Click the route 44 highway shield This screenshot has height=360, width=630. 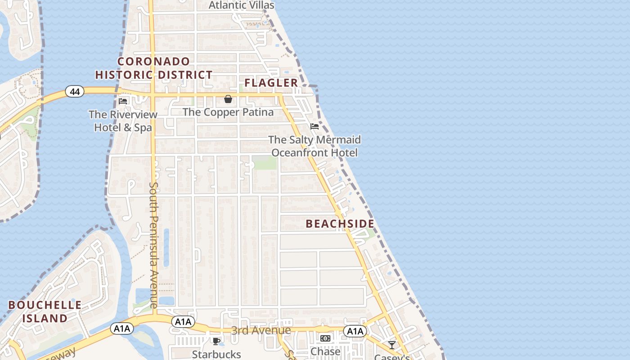coord(75,92)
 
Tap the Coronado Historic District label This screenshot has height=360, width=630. coord(154,68)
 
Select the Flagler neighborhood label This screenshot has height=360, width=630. coord(271,83)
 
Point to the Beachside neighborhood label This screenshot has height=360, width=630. coord(340,224)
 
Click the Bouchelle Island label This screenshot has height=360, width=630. coord(45,311)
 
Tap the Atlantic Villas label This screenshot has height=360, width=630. coord(242,5)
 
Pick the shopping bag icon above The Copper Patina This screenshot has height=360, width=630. coord(228,99)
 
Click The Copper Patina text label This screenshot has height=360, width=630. coord(228,112)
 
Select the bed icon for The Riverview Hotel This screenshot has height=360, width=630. coord(123,101)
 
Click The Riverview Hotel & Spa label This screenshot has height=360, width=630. coord(123,121)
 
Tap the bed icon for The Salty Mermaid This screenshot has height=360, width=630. coord(315,126)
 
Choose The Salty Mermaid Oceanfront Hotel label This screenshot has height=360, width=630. coord(315,146)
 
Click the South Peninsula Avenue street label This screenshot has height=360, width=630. coord(154,245)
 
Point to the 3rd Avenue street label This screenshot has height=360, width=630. coord(261,331)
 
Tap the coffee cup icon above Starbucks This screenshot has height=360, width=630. coord(216,341)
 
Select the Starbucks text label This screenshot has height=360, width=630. coord(216,355)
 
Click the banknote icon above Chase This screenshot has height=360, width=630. coord(325,338)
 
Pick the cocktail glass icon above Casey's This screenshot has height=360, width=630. coord(392,345)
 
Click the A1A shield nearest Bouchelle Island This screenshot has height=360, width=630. coord(121,328)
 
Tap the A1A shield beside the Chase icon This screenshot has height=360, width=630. coord(355,332)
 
